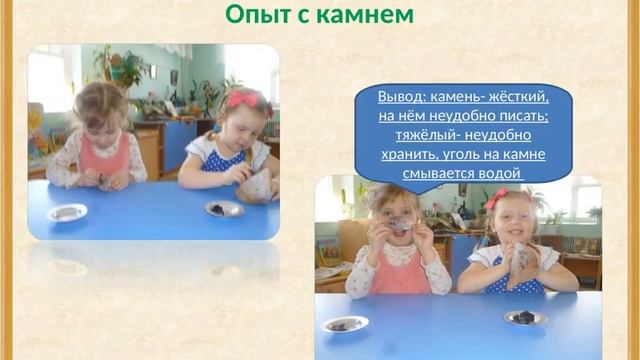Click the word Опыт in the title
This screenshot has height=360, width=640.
[x=254, y=16]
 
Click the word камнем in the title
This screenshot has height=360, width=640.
[x=364, y=16]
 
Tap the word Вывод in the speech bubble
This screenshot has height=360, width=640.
[x=400, y=97]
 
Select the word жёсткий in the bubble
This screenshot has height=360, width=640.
[x=517, y=97]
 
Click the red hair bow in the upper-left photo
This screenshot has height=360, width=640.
[x=243, y=99]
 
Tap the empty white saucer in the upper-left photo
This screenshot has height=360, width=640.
[x=67, y=212]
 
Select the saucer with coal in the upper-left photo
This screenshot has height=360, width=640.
[x=222, y=208]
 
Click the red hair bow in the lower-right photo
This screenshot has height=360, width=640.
[x=497, y=198]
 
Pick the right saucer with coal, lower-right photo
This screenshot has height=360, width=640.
[x=525, y=317]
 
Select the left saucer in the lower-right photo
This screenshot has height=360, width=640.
[x=345, y=324]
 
